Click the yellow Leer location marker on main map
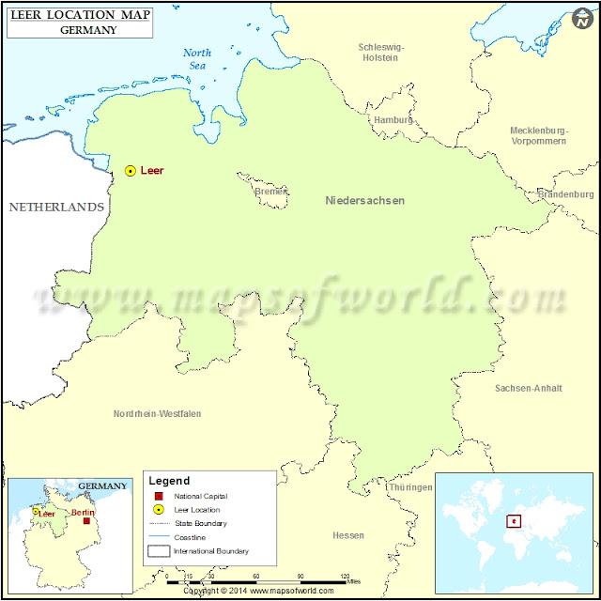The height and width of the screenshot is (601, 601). coord(131,171)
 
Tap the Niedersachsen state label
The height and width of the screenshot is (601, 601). coord(365,200)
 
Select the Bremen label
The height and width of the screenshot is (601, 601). coord(271,192)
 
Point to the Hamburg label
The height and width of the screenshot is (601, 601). coord(393,120)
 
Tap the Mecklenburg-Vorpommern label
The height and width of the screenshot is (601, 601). coord(538,135)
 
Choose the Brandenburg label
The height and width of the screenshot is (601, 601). coord(566,194)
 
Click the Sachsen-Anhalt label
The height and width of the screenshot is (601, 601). coord(528,388)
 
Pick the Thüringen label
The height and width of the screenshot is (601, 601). coord(410,487)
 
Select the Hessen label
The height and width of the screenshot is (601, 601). coord(348,535)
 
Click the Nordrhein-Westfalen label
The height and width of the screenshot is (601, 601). coord(157,413)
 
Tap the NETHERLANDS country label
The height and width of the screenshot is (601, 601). coord(56,207)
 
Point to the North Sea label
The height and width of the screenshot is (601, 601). coord(197,59)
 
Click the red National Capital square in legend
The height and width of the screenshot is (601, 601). coord(159,496)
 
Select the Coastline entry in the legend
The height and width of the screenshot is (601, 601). coord(192,537)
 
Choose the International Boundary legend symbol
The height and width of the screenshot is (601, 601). coord(159,551)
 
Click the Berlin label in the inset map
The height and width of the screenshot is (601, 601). coord(83,513)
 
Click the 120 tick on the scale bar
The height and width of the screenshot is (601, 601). coord(345,576)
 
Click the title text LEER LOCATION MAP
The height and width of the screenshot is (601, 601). coord(79,16)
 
